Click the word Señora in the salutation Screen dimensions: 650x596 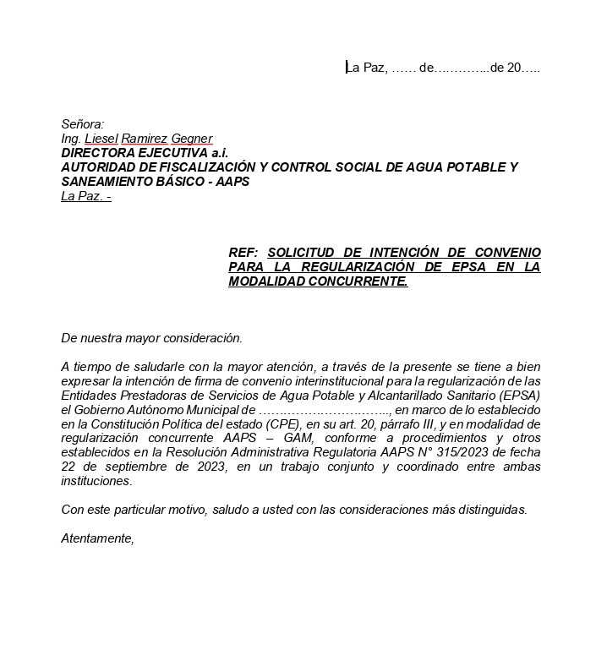coord(81,124)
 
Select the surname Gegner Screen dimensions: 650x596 coord(192,139)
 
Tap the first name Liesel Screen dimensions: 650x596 coord(101,139)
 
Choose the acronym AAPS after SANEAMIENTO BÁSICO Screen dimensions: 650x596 coord(232,182)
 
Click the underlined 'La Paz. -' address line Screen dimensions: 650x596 coord(86,196)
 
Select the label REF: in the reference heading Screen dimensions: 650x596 coord(243,253)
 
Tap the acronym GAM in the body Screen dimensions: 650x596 coord(286,438)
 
